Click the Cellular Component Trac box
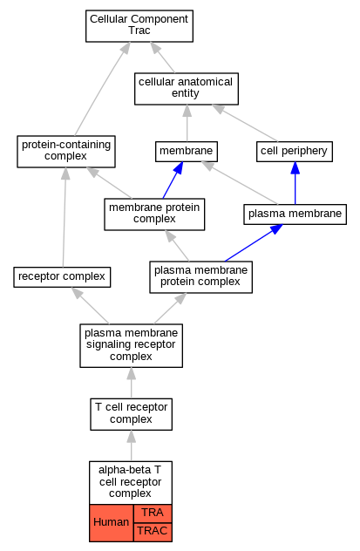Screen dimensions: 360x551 click(x=139, y=26)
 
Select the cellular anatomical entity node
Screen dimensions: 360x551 click(x=187, y=89)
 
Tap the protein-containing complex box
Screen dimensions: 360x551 click(x=66, y=152)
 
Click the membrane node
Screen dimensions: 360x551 click(x=187, y=152)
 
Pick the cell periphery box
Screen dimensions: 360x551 click(x=295, y=152)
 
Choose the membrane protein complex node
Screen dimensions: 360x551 click(x=154, y=214)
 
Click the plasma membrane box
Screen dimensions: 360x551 click(x=295, y=214)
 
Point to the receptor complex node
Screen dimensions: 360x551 click(x=62, y=277)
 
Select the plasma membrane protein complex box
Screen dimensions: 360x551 click(x=200, y=277)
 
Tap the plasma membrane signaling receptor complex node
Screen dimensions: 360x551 click(x=131, y=346)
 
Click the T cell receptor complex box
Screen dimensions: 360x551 click(x=131, y=414)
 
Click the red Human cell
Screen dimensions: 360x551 click(x=112, y=523)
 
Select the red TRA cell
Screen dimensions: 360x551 click(x=153, y=514)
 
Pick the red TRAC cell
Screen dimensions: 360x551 click(x=153, y=532)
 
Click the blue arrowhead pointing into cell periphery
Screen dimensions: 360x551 click(x=295, y=168)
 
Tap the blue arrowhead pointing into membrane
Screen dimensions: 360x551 click(x=179, y=168)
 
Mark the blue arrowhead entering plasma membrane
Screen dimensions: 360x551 click(x=276, y=229)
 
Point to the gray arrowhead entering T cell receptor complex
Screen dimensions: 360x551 click(x=131, y=436)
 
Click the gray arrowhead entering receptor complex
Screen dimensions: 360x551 click(x=77, y=293)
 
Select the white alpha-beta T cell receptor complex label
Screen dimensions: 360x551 click(x=131, y=483)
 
